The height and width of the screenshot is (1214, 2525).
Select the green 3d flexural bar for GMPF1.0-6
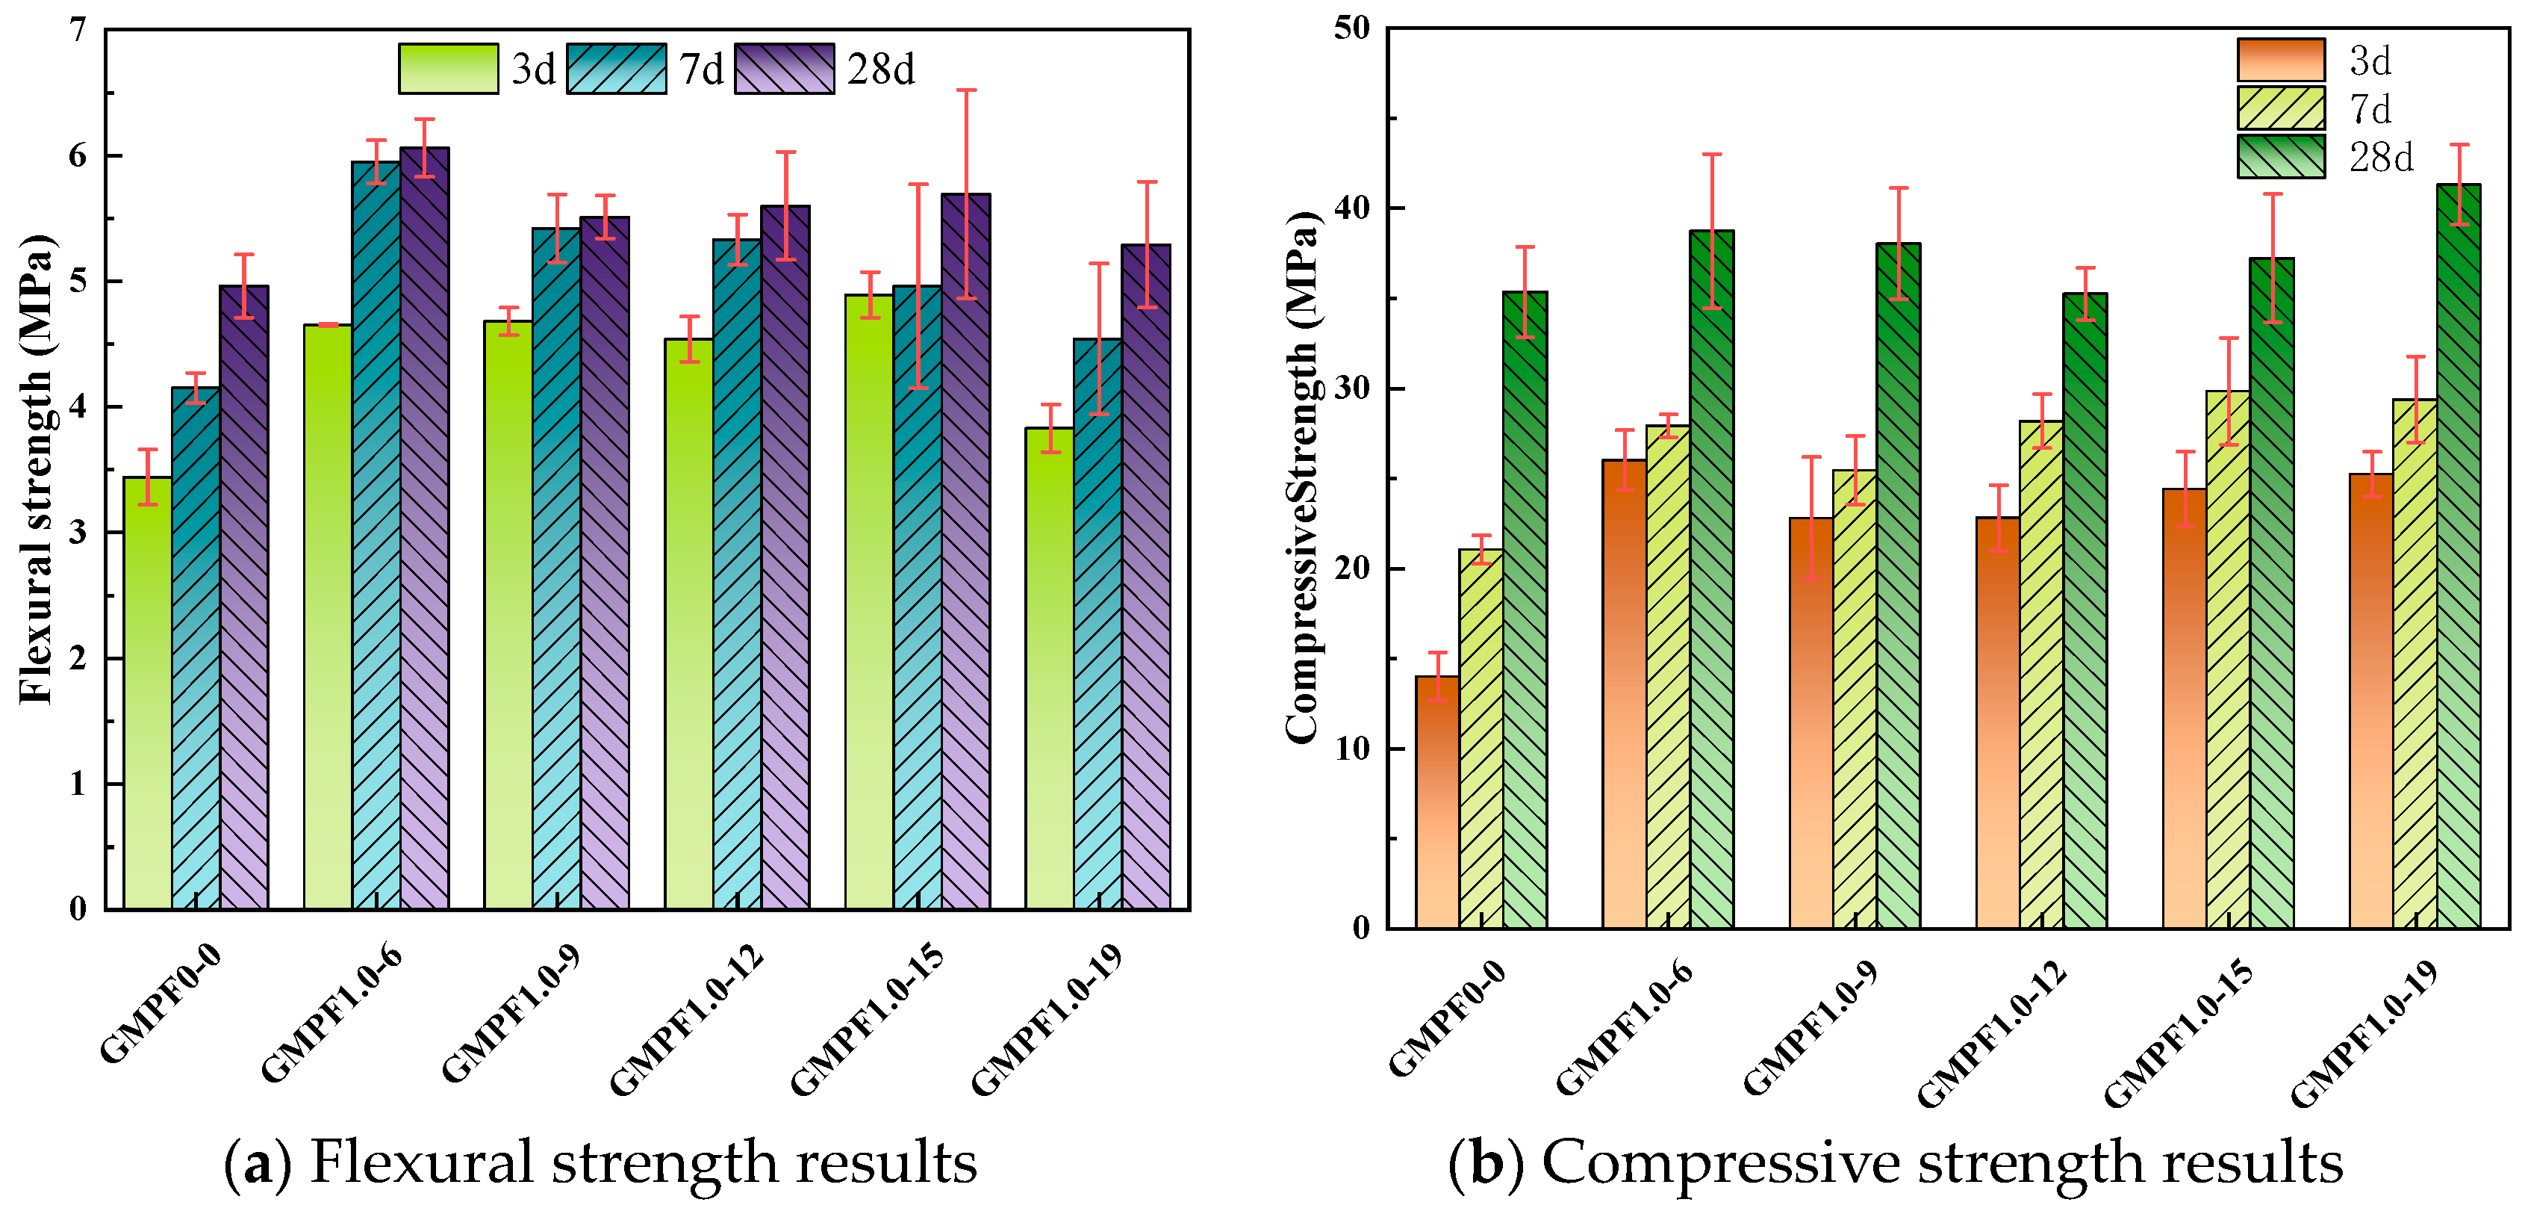(x=328, y=617)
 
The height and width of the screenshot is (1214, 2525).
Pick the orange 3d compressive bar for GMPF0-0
(x=1437, y=802)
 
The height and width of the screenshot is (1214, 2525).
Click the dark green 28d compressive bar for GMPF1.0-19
(x=2459, y=556)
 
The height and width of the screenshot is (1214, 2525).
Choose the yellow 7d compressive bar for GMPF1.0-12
(x=2042, y=675)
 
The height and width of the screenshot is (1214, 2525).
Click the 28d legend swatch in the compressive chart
(x=2281, y=157)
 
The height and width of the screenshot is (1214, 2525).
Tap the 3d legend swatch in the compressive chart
(x=2281, y=60)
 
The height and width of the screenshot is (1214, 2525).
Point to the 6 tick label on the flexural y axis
(x=78, y=156)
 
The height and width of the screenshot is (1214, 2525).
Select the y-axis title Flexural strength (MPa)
(x=37, y=468)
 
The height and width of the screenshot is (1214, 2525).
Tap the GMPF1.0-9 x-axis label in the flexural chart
(x=511, y=1013)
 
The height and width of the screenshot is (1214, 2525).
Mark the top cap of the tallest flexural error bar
(x=967, y=90)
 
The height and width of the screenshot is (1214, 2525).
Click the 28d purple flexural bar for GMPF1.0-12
(x=785, y=558)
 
